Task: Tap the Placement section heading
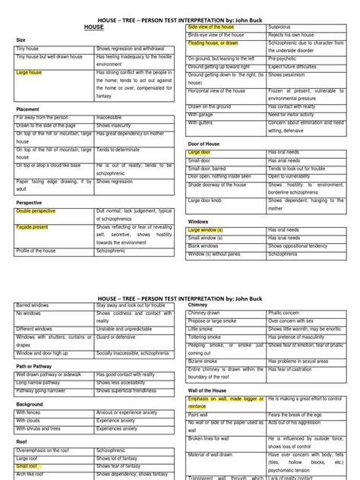click(27, 109)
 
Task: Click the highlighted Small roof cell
click(30, 466)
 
